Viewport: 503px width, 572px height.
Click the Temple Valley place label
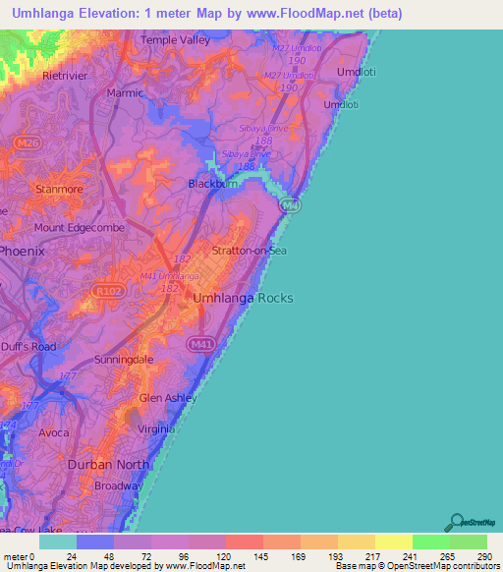(x=175, y=40)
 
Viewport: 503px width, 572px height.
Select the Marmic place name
(x=125, y=94)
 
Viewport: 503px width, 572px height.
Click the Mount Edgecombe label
(x=76, y=228)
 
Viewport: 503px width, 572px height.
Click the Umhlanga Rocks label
(x=244, y=298)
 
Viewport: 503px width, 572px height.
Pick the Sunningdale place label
(x=124, y=361)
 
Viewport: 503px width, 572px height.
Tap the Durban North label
(x=116, y=464)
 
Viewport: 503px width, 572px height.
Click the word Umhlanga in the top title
(x=46, y=13)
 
